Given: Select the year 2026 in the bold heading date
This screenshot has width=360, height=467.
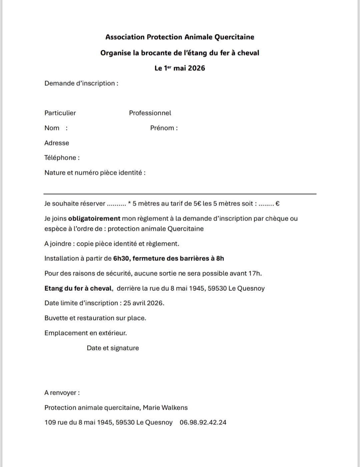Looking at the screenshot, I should click(x=196, y=68).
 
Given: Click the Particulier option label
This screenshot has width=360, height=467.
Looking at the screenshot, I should click(x=60, y=113).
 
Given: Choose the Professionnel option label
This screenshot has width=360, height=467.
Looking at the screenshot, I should click(x=150, y=113).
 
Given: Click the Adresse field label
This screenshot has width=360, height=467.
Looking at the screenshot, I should click(x=57, y=143).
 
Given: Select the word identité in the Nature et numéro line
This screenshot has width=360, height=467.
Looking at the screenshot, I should click(x=130, y=173).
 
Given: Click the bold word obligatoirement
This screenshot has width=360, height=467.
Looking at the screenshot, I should click(x=94, y=219).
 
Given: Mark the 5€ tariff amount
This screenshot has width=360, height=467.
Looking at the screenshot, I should click(x=197, y=204).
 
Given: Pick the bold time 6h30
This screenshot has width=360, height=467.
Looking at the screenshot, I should click(x=121, y=258).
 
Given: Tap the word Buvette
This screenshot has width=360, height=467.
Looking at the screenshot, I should click(x=56, y=318).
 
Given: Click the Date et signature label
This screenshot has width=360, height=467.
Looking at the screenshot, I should click(x=113, y=348).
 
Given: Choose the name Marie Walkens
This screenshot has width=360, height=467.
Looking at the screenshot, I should click(x=165, y=408).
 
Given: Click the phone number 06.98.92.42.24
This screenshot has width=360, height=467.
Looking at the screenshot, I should click(x=203, y=422).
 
